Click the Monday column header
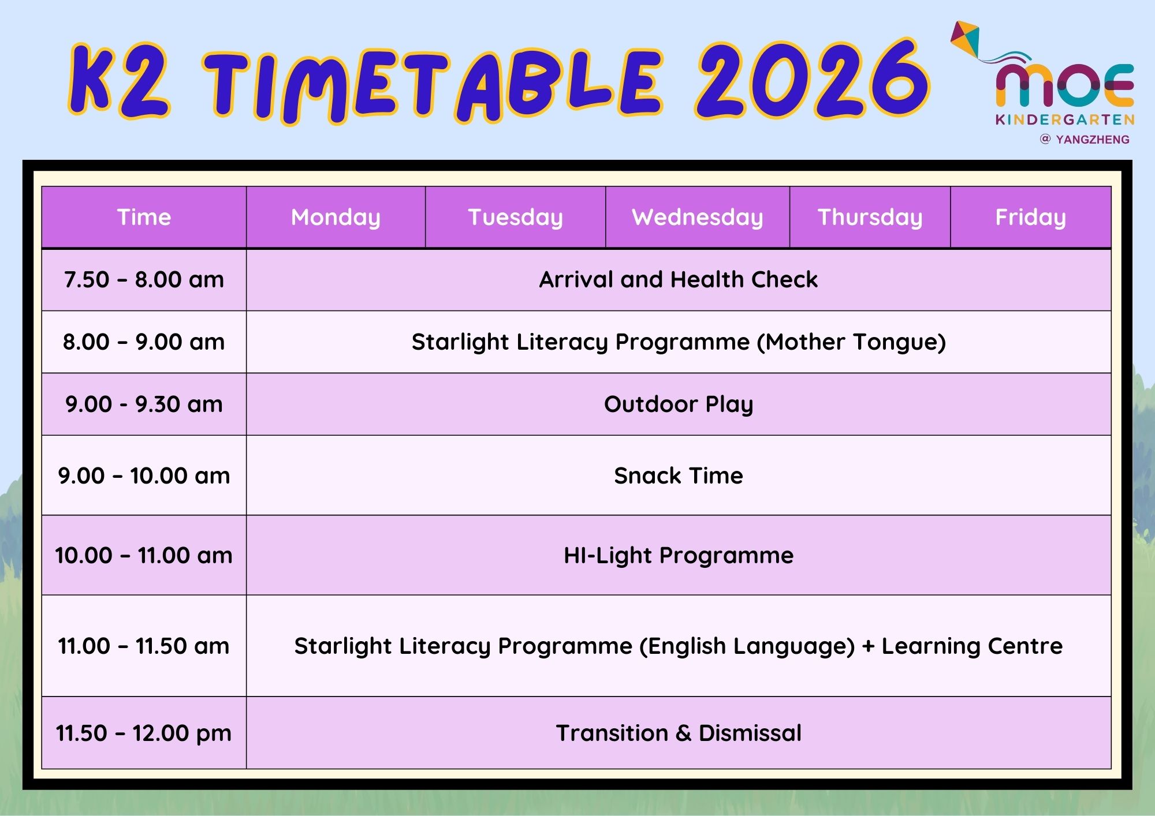(x=336, y=218)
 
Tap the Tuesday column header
(x=515, y=218)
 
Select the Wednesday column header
(x=698, y=218)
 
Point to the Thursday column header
(x=870, y=218)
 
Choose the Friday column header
(x=1031, y=218)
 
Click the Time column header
(x=144, y=218)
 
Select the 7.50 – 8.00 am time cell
(x=144, y=280)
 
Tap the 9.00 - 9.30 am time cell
(x=144, y=404)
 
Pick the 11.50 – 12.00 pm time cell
(x=144, y=733)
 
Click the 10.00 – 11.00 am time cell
(x=144, y=555)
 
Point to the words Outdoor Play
(x=679, y=405)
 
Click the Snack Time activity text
(x=679, y=476)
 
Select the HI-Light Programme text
(x=679, y=556)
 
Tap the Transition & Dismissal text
(x=679, y=733)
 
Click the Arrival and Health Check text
(x=679, y=279)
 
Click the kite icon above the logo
(x=966, y=39)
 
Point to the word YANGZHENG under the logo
(x=1093, y=140)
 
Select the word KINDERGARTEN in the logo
(x=1065, y=120)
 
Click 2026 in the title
(x=812, y=80)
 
